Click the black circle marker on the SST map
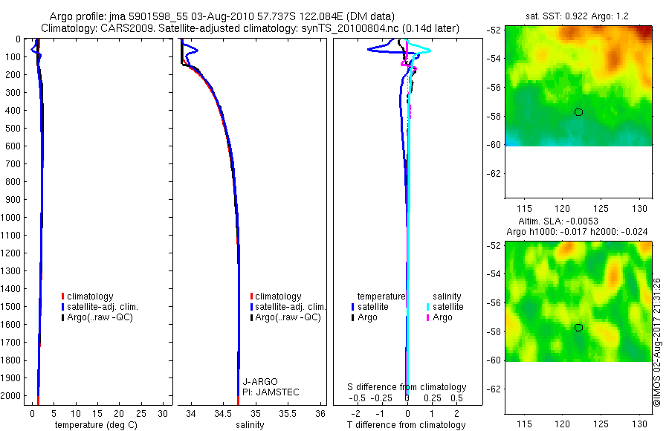(x=578, y=112)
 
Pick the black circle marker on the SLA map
(x=578, y=328)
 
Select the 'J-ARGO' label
(x=259, y=381)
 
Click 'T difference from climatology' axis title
(x=407, y=425)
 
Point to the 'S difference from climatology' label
(x=407, y=387)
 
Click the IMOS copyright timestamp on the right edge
(x=657, y=342)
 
